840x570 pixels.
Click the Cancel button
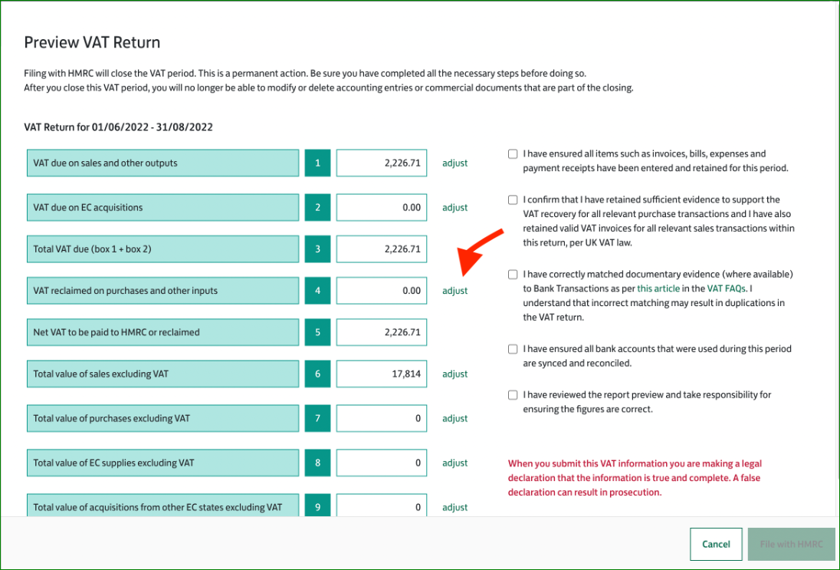(x=716, y=544)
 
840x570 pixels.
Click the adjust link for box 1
(x=454, y=163)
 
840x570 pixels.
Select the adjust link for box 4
(x=454, y=291)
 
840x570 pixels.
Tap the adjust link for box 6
(x=454, y=374)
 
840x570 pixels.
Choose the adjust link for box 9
(x=454, y=507)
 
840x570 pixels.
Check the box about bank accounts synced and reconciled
(x=513, y=349)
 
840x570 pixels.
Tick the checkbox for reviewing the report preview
(x=513, y=395)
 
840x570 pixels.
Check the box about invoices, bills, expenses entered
(x=513, y=154)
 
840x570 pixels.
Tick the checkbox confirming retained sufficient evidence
(x=513, y=200)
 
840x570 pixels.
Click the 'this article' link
(x=658, y=288)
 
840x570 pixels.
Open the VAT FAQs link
(x=727, y=288)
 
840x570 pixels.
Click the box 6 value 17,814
(x=382, y=374)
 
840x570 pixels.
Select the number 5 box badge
(x=317, y=332)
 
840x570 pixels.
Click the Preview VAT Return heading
(x=92, y=42)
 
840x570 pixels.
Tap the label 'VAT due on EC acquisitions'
(x=88, y=207)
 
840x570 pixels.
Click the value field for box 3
(x=382, y=249)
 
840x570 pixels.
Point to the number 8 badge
(x=317, y=463)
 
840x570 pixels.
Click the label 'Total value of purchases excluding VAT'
(x=111, y=418)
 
